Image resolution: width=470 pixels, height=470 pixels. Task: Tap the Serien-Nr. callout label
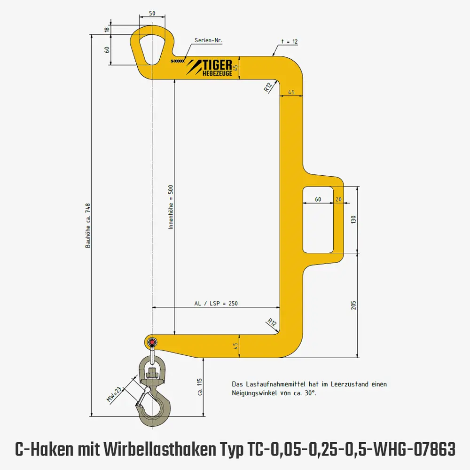[209, 41]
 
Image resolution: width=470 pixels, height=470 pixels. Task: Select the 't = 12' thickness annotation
[289, 41]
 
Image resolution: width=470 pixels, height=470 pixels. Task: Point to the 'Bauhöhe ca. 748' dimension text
[87, 226]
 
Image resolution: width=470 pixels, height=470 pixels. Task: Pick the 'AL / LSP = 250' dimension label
[216, 303]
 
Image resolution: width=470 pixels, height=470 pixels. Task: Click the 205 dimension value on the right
[354, 305]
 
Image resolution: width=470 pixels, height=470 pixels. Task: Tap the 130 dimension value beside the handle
[354, 219]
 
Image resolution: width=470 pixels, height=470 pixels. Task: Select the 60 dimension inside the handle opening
[318, 199]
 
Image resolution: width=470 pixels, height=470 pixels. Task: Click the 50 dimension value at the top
[152, 14]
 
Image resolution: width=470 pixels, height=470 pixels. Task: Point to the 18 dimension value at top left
[107, 30]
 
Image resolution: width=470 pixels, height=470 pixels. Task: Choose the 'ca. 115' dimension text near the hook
[199, 387]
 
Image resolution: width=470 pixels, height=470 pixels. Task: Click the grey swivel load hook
[154, 402]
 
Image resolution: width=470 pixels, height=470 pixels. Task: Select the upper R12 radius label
[268, 86]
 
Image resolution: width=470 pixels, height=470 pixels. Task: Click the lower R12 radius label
[271, 322]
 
